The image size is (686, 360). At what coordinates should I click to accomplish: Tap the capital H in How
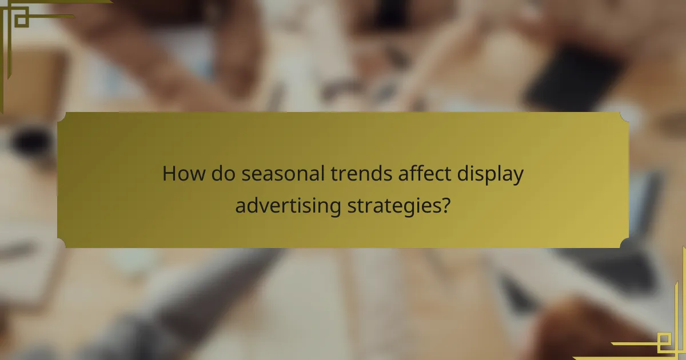click(169, 174)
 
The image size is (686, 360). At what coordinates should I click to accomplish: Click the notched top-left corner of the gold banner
click(61, 116)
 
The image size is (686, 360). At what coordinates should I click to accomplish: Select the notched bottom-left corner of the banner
click(61, 244)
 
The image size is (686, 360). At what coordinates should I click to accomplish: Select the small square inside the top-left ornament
click(21, 19)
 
